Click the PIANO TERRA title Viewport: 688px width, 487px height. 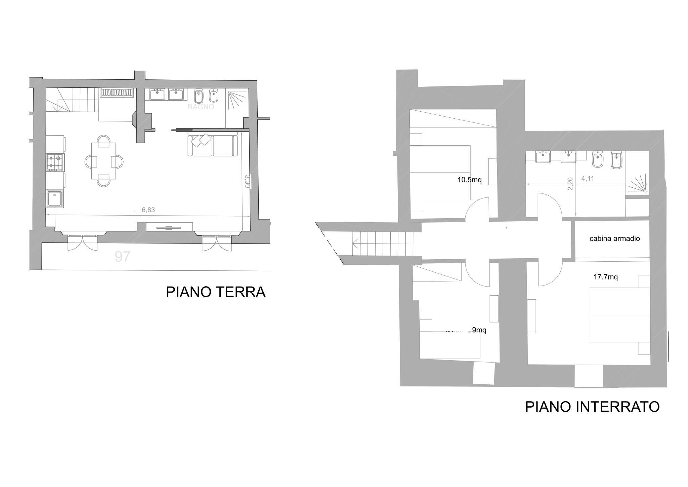click(x=215, y=292)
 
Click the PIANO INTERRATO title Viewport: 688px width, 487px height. click(x=592, y=407)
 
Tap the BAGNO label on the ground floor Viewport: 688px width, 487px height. click(x=201, y=107)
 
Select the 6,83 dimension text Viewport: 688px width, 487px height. click(x=148, y=210)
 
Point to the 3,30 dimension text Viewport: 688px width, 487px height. click(x=247, y=181)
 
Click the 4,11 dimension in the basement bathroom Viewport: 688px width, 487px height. click(x=588, y=179)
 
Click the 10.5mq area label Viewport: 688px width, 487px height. click(x=469, y=180)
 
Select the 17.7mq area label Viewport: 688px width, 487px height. click(x=605, y=277)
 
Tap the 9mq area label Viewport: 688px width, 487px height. click(x=479, y=330)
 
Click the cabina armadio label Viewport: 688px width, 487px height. click(x=614, y=239)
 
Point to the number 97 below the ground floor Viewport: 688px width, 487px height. click(x=122, y=257)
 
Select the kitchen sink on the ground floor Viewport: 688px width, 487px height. click(x=54, y=198)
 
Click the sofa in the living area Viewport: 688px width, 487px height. click(x=213, y=145)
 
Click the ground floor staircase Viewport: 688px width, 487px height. click(x=72, y=100)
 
